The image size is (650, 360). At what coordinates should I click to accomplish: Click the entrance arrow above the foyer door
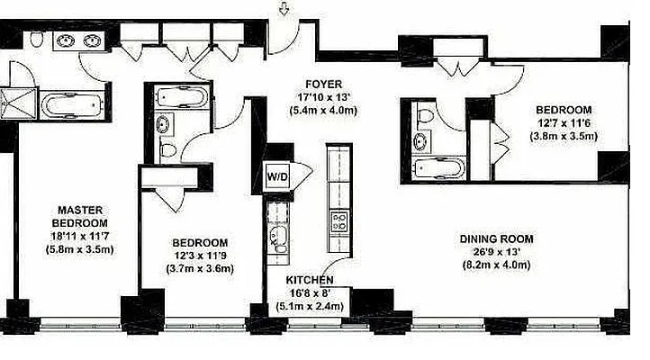click(285, 10)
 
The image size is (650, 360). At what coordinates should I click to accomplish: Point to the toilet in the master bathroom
click(35, 40)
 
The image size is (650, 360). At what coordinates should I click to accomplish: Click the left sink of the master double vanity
click(65, 40)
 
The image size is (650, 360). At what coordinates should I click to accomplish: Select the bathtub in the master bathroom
click(73, 105)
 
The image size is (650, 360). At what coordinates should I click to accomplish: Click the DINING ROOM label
click(496, 239)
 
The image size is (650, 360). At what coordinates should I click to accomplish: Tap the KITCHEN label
click(308, 280)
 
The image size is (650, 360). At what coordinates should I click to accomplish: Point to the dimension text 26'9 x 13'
click(496, 252)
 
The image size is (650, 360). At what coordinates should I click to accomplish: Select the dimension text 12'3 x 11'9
click(200, 256)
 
